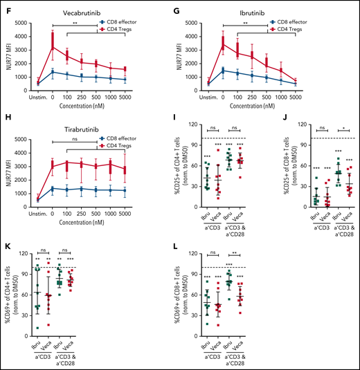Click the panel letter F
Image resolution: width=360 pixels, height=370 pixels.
point(6,6)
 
